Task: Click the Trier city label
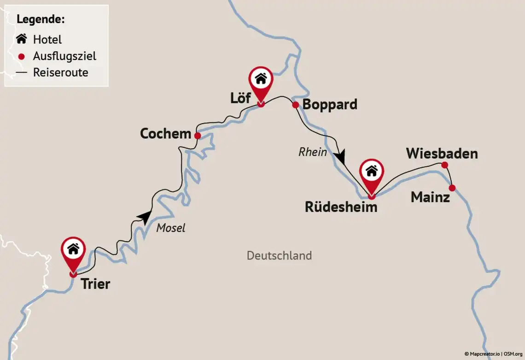pyautogui.click(x=95, y=283)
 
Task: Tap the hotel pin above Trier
pyautogui.click(x=73, y=250)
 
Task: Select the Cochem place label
pyautogui.click(x=165, y=134)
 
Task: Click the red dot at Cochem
pyautogui.click(x=197, y=136)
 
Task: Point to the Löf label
pyautogui.click(x=240, y=98)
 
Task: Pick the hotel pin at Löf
pyautogui.click(x=261, y=80)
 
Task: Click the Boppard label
pyautogui.click(x=330, y=105)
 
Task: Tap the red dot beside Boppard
pyautogui.click(x=296, y=105)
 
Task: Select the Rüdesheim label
pyautogui.click(x=341, y=207)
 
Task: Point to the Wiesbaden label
pyautogui.click(x=442, y=153)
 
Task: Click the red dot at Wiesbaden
pyautogui.click(x=444, y=165)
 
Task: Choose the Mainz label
pyautogui.click(x=430, y=197)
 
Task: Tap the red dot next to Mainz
pyautogui.click(x=452, y=188)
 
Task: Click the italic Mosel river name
pyautogui.click(x=170, y=228)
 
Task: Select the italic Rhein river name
pyautogui.click(x=313, y=152)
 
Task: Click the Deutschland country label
pyautogui.click(x=279, y=255)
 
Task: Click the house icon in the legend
pyautogui.click(x=21, y=39)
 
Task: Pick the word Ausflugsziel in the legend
pyautogui.click(x=64, y=56)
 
